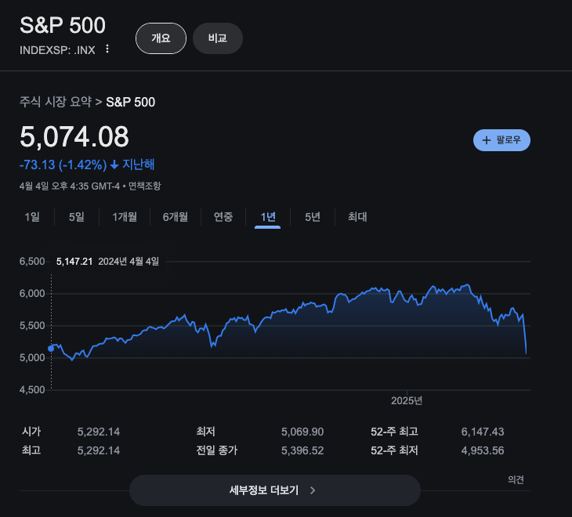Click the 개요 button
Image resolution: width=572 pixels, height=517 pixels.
(161, 38)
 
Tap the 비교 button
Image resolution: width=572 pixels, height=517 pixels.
(218, 38)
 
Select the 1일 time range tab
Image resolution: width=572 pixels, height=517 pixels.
(32, 217)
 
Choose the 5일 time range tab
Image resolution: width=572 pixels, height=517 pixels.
(77, 217)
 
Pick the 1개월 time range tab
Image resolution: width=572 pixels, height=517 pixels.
(125, 217)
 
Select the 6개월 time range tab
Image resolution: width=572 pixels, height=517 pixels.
(176, 217)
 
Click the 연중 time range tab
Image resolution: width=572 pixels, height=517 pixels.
(223, 217)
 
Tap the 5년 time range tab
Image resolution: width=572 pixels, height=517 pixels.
(313, 217)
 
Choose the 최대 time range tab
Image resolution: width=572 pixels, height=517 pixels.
(357, 217)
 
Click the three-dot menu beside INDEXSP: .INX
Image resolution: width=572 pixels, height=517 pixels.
(107, 49)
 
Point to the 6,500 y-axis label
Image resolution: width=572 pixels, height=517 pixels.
(32, 261)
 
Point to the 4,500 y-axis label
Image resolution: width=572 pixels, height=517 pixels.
(32, 390)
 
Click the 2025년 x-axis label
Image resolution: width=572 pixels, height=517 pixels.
(407, 401)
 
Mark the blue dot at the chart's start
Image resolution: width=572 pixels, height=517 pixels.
(51, 349)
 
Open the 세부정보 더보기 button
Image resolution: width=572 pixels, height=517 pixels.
(274, 490)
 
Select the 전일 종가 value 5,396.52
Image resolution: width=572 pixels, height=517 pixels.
(302, 450)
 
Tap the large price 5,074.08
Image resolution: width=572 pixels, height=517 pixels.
(74, 138)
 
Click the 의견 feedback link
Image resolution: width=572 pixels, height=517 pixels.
(516, 479)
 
